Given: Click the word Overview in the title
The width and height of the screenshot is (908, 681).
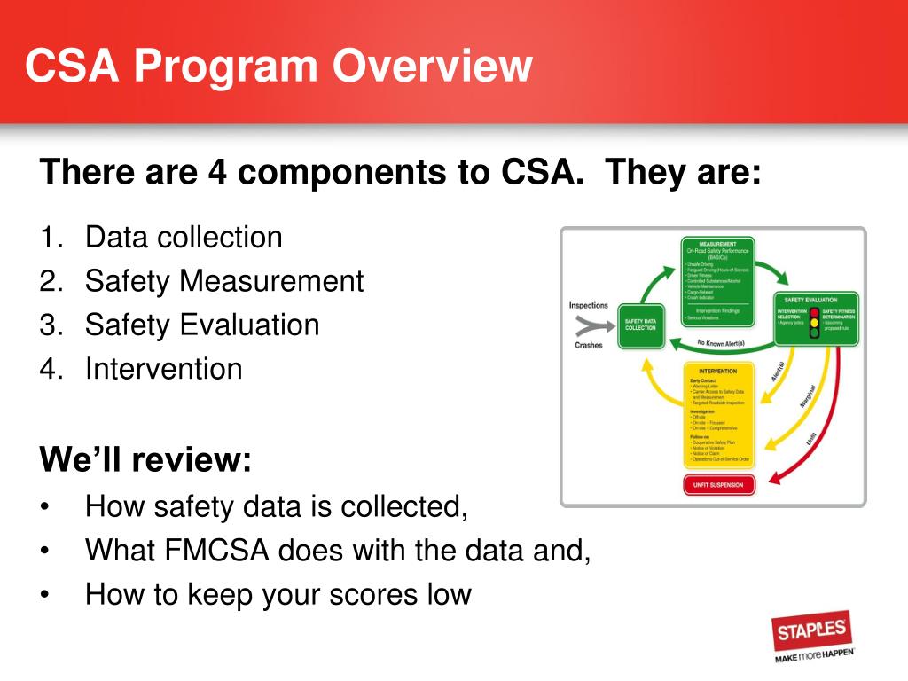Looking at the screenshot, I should [434, 67].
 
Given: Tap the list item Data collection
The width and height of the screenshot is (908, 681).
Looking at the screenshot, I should [184, 238].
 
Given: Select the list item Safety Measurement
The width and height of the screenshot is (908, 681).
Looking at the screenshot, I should [224, 281].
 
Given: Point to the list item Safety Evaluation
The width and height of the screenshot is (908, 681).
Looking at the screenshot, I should [202, 325].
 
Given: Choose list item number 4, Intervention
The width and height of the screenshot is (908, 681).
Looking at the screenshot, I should [163, 368].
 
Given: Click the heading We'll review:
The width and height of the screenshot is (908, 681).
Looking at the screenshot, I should [145, 460].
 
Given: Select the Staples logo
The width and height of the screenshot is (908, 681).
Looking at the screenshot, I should [812, 631].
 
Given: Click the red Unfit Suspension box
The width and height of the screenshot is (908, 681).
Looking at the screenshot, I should [718, 485].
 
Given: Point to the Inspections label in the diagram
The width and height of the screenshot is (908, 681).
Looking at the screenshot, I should [588, 306].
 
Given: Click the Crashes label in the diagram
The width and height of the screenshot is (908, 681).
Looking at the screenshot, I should [588, 345].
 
